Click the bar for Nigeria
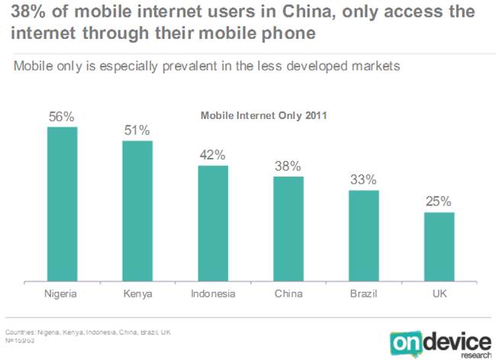point(63,204)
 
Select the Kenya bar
point(137,211)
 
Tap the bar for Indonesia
point(213,223)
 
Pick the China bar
point(288,229)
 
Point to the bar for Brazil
point(364,236)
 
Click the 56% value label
point(63,117)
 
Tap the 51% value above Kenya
point(137,130)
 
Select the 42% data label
point(213,155)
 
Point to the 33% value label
point(364,180)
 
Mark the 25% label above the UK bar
point(439,202)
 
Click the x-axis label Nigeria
point(63,293)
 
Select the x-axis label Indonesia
point(213,293)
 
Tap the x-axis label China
point(288,293)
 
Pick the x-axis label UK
point(439,293)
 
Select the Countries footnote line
point(88,333)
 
